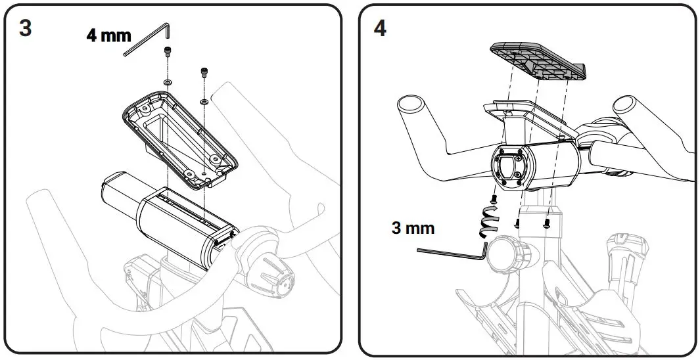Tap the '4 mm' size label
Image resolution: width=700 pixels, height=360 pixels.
coord(108,35)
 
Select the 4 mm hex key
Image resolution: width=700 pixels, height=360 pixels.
coord(148,41)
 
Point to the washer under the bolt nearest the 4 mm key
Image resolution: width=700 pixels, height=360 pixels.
coord(167,81)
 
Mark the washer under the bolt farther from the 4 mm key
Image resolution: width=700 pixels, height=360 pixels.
coord(204,102)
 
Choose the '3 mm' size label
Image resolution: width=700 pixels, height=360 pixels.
coord(413,228)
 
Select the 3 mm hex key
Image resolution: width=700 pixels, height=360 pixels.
coord(454,252)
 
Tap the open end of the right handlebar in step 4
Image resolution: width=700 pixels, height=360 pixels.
coord(628,104)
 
